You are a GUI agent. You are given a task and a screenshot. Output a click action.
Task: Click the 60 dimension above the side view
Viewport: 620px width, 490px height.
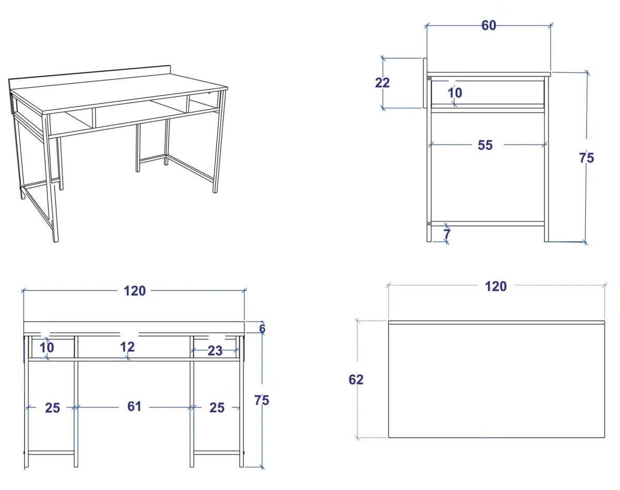coord(489,25)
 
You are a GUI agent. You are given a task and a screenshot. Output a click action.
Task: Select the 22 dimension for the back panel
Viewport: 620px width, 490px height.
coord(382,83)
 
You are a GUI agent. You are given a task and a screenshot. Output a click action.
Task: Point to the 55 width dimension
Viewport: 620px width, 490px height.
coord(485,146)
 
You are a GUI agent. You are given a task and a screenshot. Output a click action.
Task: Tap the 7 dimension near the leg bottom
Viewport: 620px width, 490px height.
coord(447,234)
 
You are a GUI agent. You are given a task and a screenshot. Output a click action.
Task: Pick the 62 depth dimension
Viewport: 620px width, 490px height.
coord(356,380)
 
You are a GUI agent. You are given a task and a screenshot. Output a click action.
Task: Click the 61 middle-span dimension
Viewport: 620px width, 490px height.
coord(134,407)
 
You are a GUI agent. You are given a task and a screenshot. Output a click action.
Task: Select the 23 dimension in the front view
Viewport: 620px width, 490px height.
coord(215,351)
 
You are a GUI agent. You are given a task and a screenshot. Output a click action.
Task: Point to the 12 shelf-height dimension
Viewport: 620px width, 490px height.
coord(128,347)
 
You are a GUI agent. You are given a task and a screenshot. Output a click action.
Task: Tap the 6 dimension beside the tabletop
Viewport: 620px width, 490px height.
coord(262,328)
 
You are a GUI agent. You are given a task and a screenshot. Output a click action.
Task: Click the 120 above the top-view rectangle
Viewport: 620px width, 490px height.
coord(496,287)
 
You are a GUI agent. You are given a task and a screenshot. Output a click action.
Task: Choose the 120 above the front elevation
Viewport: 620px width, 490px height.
coord(135,291)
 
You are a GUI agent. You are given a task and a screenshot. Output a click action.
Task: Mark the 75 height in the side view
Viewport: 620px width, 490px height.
coord(586,158)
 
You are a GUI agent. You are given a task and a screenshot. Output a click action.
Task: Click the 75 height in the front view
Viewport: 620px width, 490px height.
coord(262,400)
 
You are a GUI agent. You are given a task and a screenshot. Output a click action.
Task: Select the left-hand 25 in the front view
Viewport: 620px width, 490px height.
coord(52,408)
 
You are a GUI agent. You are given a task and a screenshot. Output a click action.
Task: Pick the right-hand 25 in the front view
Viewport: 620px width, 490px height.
coord(217,408)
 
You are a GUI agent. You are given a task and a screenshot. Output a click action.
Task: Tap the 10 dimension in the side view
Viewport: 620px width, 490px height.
coord(455,93)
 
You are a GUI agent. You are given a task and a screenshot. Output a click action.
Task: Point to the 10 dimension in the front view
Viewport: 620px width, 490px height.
coord(47,347)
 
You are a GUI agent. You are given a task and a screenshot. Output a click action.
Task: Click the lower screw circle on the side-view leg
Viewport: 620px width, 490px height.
coord(429,224)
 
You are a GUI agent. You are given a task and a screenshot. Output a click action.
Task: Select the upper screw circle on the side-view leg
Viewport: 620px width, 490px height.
coord(429,78)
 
